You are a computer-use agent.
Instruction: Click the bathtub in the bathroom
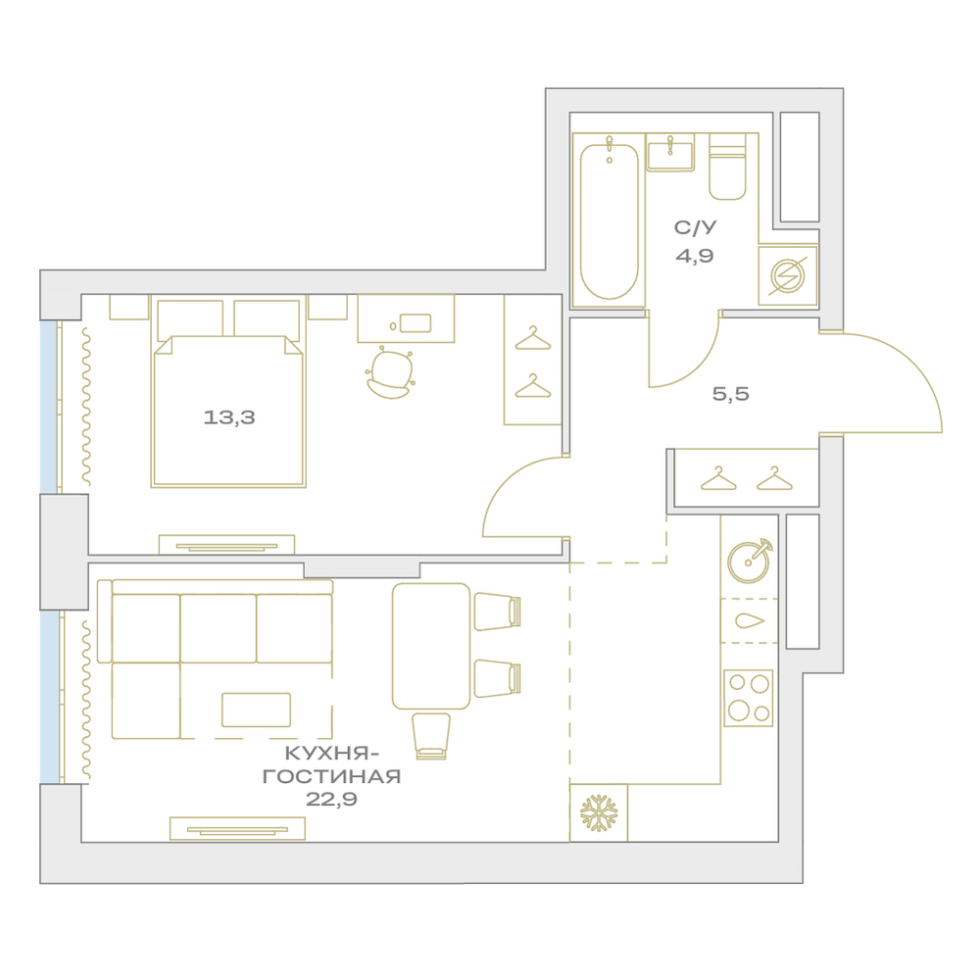[x=609, y=220]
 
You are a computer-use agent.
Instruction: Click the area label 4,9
[x=695, y=256]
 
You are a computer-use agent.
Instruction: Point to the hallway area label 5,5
[x=731, y=394]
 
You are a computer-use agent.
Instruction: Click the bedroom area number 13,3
[x=229, y=416]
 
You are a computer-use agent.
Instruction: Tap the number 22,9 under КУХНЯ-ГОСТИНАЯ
[x=331, y=799]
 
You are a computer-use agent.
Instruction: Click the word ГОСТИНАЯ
[x=331, y=776]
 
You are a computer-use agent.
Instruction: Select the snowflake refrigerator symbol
[x=599, y=813]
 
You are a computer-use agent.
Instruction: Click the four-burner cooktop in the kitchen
[x=748, y=698]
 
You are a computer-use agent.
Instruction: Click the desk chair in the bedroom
[x=391, y=373]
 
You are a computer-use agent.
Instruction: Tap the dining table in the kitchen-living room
[x=431, y=646]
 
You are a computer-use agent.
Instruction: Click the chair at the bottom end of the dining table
[x=431, y=736]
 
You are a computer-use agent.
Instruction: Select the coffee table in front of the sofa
[x=256, y=710]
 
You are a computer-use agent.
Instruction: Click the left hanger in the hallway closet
[x=718, y=479]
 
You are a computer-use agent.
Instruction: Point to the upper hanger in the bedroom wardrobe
[x=532, y=338]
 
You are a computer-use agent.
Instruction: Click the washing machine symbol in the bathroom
[x=788, y=275]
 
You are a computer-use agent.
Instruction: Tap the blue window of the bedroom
[x=49, y=407]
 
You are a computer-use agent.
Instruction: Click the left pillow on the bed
[x=190, y=319]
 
